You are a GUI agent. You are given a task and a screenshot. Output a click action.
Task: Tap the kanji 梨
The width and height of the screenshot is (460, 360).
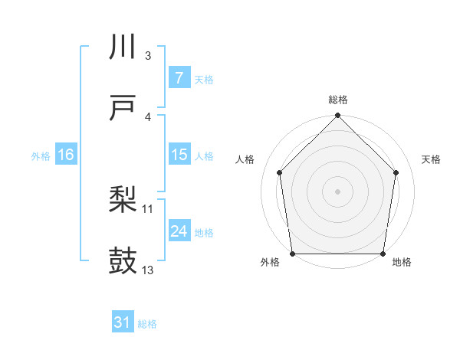[x=123, y=201]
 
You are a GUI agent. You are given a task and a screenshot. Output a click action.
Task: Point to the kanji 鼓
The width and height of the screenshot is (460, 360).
[x=123, y=261]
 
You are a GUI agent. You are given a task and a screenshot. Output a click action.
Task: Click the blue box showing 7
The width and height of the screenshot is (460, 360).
[x=179, y=78]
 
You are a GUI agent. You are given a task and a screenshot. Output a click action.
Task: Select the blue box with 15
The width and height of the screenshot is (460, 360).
[x=179, y=155]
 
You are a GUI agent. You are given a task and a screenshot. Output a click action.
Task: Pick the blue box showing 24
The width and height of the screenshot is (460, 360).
[x=179, y=231]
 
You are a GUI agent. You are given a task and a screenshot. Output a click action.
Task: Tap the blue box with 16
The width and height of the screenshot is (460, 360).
[x=66, y=155]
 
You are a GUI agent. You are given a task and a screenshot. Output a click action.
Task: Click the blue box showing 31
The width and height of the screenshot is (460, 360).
[x=123, y=323]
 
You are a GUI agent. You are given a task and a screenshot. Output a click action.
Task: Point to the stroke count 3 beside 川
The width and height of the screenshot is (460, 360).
[x=148, y=56]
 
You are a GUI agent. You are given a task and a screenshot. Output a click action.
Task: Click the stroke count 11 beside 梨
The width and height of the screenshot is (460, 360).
[x=148, y=208]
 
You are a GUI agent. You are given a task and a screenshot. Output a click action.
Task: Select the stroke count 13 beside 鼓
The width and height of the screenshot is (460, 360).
[x=148, y=270]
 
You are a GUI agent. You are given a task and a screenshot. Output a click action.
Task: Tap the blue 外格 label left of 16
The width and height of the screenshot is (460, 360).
[x=41, y=155]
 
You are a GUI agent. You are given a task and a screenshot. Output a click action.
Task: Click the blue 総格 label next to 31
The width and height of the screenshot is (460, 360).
[x=147, y=324]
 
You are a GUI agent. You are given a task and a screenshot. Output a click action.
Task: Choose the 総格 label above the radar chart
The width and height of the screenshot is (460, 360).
[x=338, y=100]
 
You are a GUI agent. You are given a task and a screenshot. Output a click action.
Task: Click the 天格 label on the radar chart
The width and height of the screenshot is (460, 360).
[x=431, y=159]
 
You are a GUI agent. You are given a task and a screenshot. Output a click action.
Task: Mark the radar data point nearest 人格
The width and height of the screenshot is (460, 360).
[x=280, y=172]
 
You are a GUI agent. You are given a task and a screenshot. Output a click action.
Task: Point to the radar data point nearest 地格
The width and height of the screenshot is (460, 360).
[x=383, y=254]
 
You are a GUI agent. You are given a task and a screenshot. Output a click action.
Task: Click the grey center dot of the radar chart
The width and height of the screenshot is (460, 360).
[x=338, y=191]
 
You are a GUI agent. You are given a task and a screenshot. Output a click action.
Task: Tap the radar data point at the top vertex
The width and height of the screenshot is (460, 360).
[x=338, y=116]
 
